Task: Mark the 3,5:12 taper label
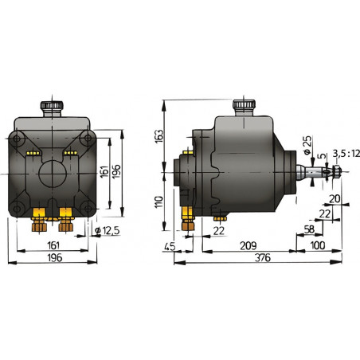[x=343, y=152]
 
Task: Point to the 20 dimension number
[x=335, y=200]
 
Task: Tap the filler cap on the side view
[x=242, y=106]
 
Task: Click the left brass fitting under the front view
[x=38, y=217]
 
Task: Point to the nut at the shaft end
[x=335, y=172]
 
